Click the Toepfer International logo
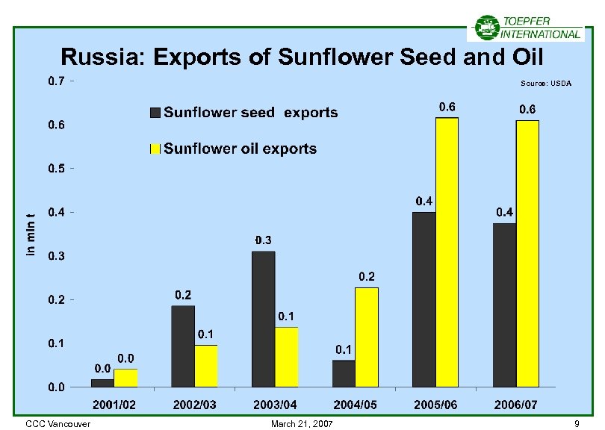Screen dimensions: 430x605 pos(526,28)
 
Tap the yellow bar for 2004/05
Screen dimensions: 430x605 pos(366,337)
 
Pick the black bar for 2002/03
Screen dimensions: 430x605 pos(182,346)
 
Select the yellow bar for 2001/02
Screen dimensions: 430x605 pos(125,378)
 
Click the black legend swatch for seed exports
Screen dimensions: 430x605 pos(155,113)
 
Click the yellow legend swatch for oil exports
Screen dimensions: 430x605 pos(155,149)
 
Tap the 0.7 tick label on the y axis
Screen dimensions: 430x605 pos(56,81)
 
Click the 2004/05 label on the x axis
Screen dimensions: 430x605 pos(356,405)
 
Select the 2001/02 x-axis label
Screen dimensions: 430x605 pos(114,405)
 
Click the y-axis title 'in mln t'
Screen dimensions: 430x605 pos(31,234)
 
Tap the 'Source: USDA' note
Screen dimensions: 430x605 pos(546,84)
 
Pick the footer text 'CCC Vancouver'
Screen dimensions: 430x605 pos(58,424)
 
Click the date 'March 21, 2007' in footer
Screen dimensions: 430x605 pos(303,424)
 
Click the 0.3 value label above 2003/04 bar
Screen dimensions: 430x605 pos(263,240)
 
